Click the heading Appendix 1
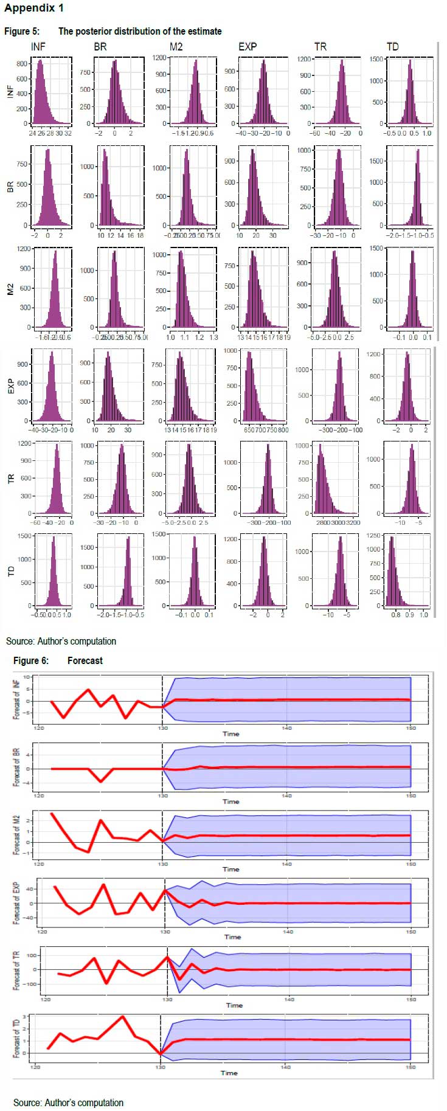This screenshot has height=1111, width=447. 33,8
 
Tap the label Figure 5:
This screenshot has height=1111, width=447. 22,31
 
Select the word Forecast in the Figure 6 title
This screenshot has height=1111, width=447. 85,660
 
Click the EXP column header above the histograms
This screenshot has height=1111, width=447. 248,46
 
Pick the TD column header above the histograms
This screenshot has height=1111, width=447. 393,46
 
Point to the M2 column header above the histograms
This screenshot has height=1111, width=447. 176,46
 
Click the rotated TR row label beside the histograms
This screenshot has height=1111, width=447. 10,479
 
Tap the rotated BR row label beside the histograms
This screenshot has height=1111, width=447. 10,187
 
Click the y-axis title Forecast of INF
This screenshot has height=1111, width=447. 16,700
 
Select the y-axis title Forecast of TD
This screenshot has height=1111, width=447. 16,1039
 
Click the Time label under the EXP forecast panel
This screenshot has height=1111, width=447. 233,936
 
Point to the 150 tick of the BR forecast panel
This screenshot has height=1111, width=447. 411,795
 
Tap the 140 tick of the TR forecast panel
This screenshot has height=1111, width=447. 289,999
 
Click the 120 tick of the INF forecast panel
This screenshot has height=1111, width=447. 39,728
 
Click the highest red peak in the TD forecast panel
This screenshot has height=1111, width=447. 123,1016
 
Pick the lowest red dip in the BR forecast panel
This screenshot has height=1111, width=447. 101,781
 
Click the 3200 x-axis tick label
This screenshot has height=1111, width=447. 353,522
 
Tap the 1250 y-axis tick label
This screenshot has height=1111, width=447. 373,536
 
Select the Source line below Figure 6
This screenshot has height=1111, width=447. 68,1102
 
